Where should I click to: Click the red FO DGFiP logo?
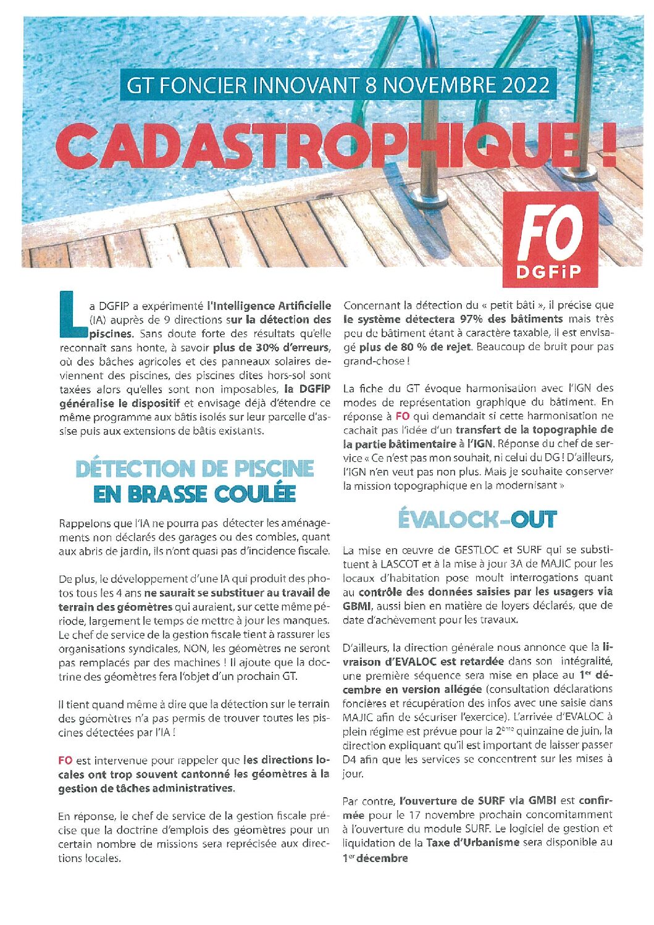coord(550,240)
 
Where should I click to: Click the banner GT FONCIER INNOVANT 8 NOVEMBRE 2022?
coord(338,85)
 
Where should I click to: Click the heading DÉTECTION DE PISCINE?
coord(195,469)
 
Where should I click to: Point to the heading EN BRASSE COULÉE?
coord(195,494)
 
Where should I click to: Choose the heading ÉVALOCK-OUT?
coord(477,519)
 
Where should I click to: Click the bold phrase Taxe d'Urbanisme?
coord(472,842)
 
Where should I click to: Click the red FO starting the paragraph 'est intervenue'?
coord(65,760)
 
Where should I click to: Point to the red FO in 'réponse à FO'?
coord(402,416)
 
